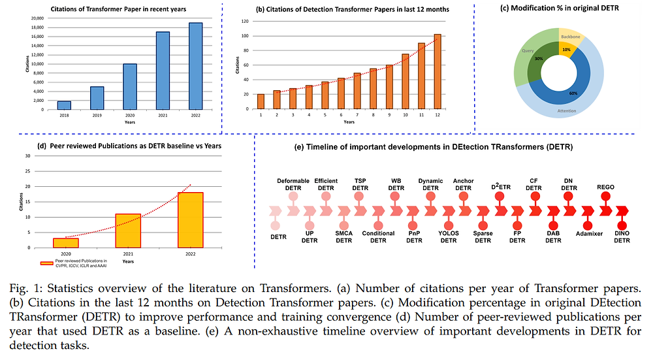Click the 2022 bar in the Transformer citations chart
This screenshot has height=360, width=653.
tap(195, 66)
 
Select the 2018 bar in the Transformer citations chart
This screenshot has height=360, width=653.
tap(64, 105)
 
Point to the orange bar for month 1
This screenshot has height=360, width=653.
tap(261, 102)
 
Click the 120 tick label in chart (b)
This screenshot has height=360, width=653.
tap(246, 21)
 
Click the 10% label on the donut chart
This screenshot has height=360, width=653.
tap(566, 49)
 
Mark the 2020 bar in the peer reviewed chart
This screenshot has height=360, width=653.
tap(66, 243)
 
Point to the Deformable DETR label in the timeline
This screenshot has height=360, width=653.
tap(293, 184)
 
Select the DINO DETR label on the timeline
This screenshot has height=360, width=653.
tap(622, 237)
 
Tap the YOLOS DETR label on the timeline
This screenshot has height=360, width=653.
tap(449, 237)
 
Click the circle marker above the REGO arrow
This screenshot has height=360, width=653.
tap(605, 196)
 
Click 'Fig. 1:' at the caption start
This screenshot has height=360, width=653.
tap(28, 289)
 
